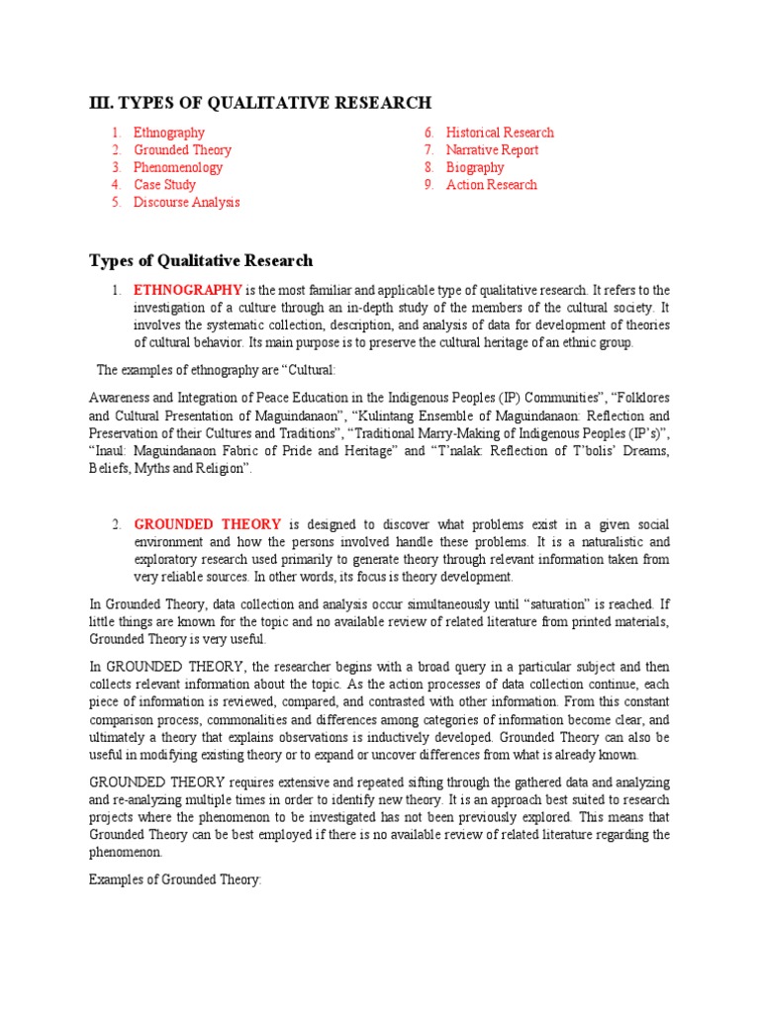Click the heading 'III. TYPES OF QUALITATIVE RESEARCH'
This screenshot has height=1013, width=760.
pos(260,103)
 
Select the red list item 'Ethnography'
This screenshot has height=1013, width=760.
pos(169,133)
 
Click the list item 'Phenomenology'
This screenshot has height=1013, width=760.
pos(178,167)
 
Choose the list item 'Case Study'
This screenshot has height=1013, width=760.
pos(164,185)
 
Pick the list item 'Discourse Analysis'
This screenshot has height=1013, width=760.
pos(186,203)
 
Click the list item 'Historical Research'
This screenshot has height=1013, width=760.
pos(500,133)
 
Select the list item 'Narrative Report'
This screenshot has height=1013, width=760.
pos(492,150)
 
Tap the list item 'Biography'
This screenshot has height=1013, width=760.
pos(475,167)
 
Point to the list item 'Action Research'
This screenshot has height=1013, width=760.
pos(491,185)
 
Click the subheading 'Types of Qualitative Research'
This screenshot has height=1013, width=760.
pos(201,261)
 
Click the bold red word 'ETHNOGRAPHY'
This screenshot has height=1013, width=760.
pos(188,290)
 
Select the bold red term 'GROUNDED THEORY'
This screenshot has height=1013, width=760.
pos(208,524)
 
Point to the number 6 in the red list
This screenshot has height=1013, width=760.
pos(429,133)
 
